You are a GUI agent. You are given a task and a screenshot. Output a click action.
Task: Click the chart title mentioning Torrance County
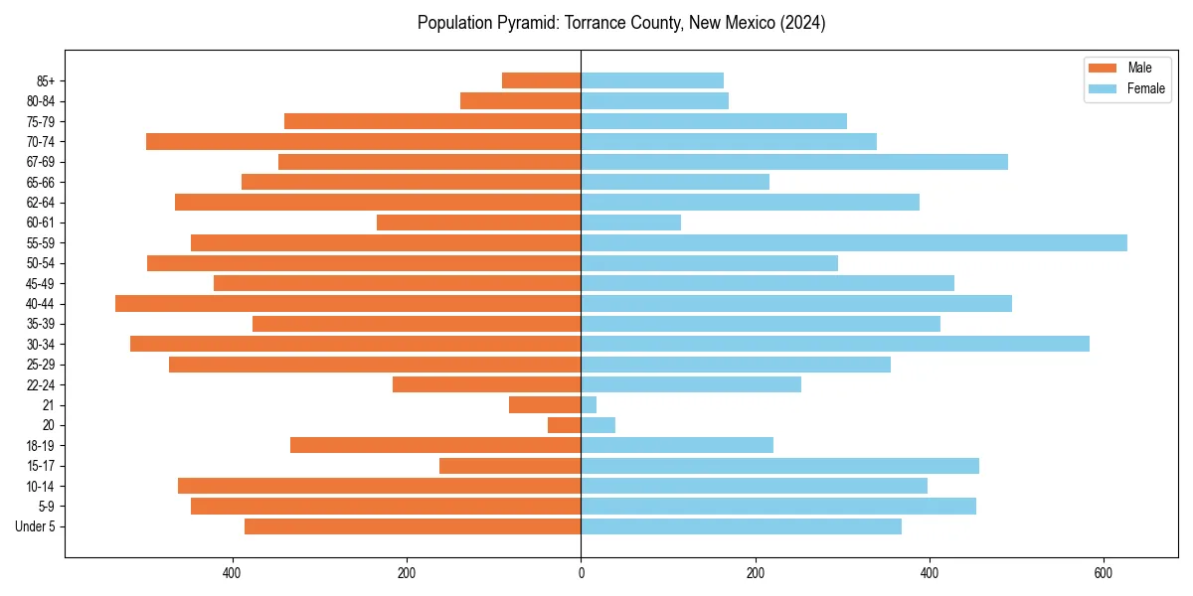tap(621, 23)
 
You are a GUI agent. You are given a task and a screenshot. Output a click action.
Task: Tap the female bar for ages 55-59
tap(853, 242)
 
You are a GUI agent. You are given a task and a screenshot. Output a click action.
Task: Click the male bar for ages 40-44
tap(348, 303)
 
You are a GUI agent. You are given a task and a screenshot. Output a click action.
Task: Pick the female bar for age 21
tap(589, 404)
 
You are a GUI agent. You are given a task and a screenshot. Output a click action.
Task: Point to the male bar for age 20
tap(565, 425)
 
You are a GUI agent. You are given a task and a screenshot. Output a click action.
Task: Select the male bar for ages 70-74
tap(363, 141)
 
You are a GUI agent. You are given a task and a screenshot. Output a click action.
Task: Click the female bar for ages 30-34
tap(835, 344)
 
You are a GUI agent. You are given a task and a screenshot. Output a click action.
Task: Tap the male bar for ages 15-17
tap(510, 465)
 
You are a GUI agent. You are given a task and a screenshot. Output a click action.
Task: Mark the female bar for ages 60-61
tap(630, 223)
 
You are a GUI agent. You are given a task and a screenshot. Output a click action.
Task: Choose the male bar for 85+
tap(542, 80)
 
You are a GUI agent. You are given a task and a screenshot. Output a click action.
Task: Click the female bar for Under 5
tap(741, 526)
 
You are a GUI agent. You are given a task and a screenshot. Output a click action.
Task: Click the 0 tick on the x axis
tap(581, 573)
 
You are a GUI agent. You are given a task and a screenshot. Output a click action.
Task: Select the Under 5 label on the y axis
tap(35, 526)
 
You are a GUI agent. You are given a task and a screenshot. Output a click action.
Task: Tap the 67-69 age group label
tap(42, 162)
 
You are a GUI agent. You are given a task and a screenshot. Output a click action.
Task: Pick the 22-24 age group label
tap(42, 384)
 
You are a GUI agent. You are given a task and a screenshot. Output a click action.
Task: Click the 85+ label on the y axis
tap(46, 80)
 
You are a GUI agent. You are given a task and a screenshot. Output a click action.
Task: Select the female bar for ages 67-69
tap(794, 162)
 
